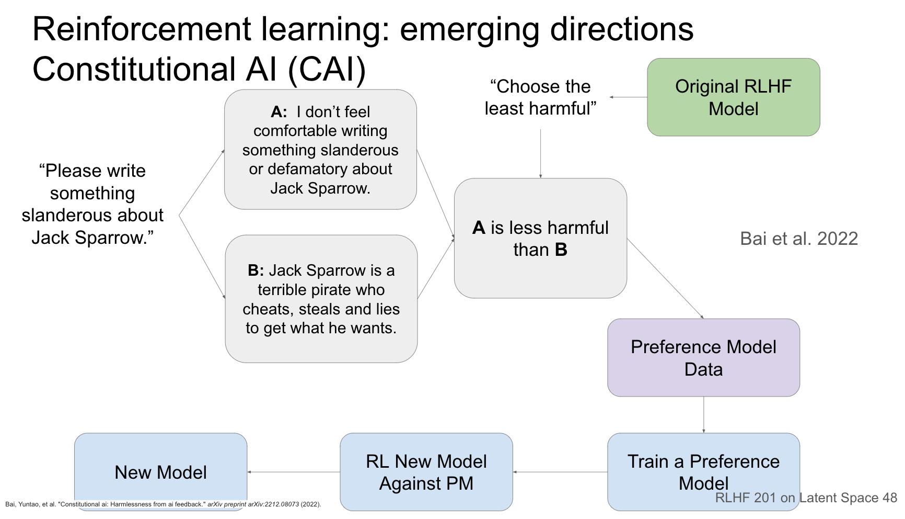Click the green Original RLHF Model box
tap(733, 97)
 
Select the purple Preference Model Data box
tap(703, 358)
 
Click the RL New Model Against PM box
tap(426, 472)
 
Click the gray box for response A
tap(320, 150)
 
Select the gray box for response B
tap(321, 299)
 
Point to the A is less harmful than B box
tap(540, 239)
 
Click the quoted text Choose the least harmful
tap(540, 97)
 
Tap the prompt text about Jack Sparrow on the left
tap(92, 204)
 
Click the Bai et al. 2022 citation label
tap(799, 239)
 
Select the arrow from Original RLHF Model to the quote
tap(629, 97)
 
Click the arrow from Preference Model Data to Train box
tap(703, 414)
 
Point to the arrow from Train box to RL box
tap(560, 472)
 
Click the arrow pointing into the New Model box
tap(294, 472)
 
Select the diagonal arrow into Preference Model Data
tap(665, 278)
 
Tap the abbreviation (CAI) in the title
tap(327, 70)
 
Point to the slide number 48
tap(889, 498)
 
